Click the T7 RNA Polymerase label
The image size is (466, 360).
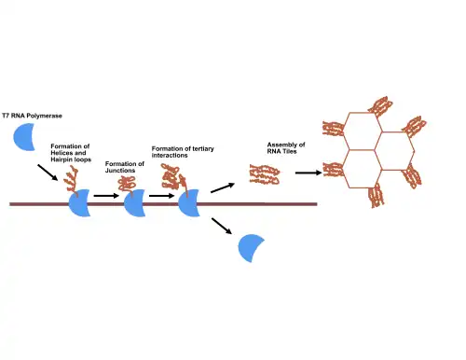coord(32,116)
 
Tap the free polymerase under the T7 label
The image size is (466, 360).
coord(23,137)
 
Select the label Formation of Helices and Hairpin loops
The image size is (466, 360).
coord(71,153)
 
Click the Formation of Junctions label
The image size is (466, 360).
coord(125,167)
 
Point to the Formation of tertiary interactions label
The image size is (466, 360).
coord(183,152)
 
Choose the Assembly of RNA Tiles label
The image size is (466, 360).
coord(286,148)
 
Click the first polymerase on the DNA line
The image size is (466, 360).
coord(78,202)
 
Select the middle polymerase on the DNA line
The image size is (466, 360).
coord(134,202)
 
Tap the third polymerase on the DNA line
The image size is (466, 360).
coord(188,202)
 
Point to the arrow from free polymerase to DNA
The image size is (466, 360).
coord(48,173)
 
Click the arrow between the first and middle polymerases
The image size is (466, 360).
coord(106,196)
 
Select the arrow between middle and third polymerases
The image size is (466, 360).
coord(161,196)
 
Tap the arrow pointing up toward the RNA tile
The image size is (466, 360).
coord(223,187)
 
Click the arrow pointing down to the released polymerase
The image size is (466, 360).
coord(222,226)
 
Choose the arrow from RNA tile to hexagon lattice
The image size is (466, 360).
coord(308,173)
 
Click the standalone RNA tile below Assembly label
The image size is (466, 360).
coord(265,174)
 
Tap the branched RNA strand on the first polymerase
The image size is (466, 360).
coord(71,180)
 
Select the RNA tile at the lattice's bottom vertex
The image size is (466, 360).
coord(376,195)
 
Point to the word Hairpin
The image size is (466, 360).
coord(61,159)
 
